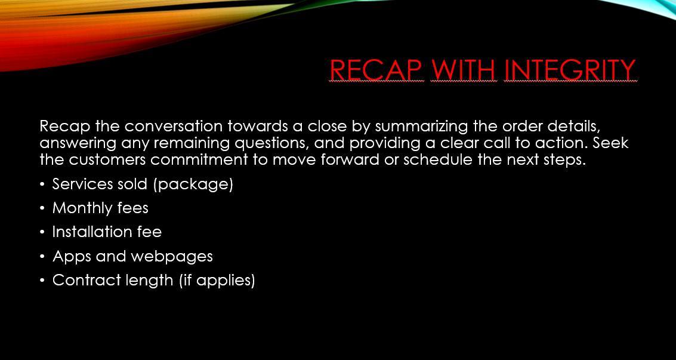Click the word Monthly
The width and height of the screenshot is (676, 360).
82,209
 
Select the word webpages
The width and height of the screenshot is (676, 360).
172,257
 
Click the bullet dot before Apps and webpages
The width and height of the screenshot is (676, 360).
42,257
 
